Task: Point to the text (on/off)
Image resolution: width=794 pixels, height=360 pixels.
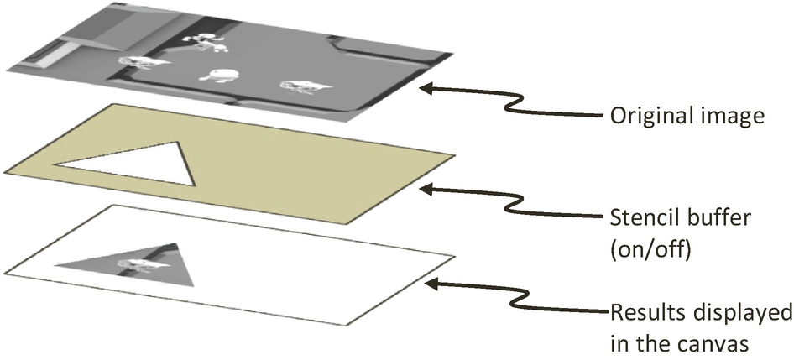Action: (x=647, y=248)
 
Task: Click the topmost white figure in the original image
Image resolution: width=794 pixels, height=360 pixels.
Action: (x=205, y=41)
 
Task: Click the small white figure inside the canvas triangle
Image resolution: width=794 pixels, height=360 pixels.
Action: (x=138, y=264)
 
